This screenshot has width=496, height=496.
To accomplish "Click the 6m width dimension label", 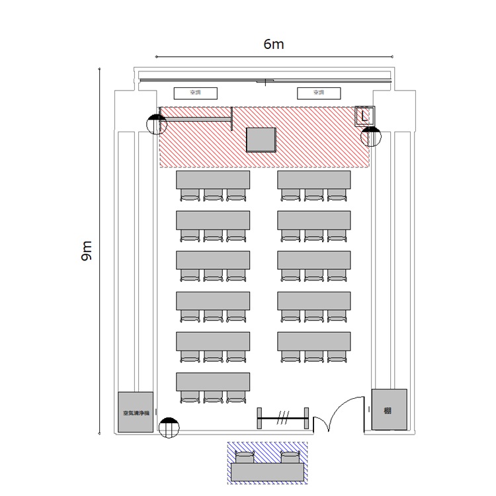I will [x=273, y=44].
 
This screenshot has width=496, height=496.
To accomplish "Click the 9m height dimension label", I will [x=87, y=251].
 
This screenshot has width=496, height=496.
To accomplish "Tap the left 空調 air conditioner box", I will [x=196, y=93].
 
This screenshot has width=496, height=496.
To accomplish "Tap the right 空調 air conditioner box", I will [x=319, y=93].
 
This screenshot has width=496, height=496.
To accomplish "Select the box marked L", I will [x=365, y=116].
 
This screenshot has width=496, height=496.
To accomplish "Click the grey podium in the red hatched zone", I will [x=261, y=140].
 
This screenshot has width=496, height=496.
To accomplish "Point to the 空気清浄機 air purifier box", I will [x=136, y=413].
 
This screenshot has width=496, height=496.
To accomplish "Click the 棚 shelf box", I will [x=389, y=409].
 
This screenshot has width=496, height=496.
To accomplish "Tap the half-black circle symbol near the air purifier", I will [x=169, y=427].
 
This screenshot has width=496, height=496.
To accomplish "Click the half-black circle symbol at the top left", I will [x=157, y=124].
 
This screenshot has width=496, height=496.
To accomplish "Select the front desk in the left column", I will [x=213, y=179].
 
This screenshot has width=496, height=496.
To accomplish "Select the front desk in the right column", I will [x=314, y=179].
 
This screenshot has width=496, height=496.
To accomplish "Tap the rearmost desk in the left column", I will [x=213, y=381].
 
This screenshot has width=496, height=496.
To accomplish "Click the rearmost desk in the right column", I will [x=314, y=341].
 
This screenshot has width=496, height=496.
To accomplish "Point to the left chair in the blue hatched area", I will [x=245, y=457].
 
